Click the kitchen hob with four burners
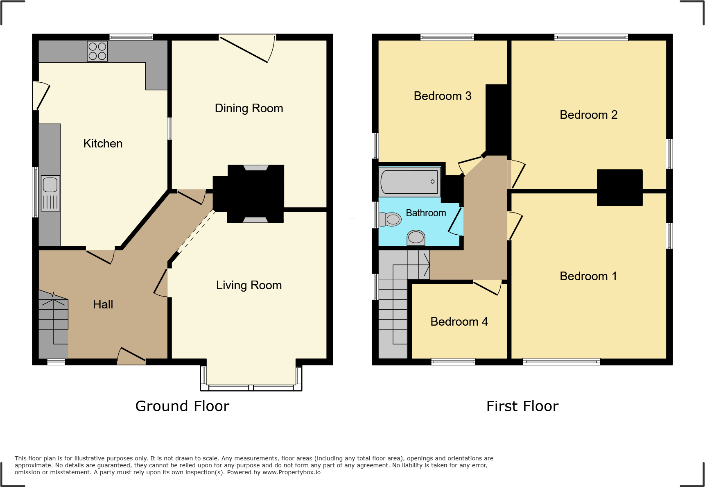[x=97, y=51]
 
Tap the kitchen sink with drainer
[x=50, y=193]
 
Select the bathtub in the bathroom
[x=409, y=181]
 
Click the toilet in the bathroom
[x=390, y=219]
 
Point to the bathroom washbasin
[x=416, y=238]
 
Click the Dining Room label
[x=249, y=108]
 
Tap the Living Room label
[x=249, y=285]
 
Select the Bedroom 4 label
[x=459, y=322]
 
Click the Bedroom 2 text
[x=588, y=115]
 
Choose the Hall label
[x=103, y=304]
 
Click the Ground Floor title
[x=182, y=406]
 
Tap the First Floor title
[x=522, y=406]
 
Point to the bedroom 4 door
[x=487, y=287]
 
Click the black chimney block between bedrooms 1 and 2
[x=619, y=188]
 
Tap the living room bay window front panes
[x=251, y=387]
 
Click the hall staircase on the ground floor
[x=54, y=324]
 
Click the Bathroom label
[x=426, y=213]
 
